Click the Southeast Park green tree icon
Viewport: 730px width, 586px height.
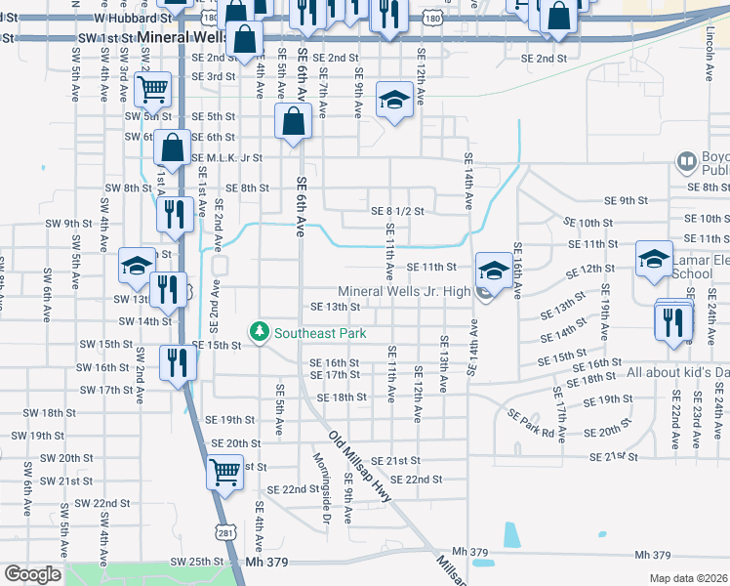(259, 333)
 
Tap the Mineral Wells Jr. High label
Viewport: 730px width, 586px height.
(404, 291)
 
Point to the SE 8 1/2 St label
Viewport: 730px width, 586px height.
(397, 210)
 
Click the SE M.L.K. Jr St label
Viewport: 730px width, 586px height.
(227, 157)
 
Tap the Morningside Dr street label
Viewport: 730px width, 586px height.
(321, 487)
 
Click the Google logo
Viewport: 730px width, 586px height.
(32, 574)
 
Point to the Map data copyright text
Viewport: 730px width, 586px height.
(688, 578)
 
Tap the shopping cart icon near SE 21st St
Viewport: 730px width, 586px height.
(224, 473)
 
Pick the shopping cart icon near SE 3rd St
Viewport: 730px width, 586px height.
(153, 90)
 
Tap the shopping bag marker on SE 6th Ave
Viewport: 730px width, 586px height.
(293, 123)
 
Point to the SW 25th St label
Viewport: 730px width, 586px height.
(198, 563)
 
